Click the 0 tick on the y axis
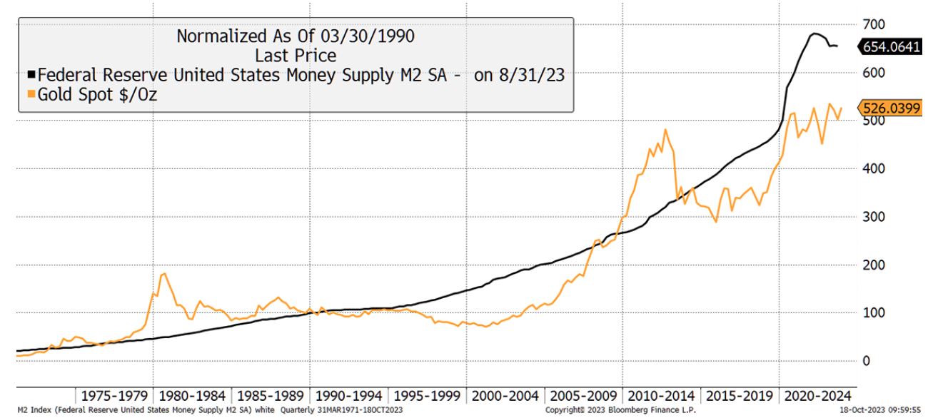pos(865,361)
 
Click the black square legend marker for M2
pos(31,74)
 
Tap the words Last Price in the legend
pos(296,55)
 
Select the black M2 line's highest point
pos(814,34)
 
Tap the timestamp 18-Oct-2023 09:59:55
pos(884,411)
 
